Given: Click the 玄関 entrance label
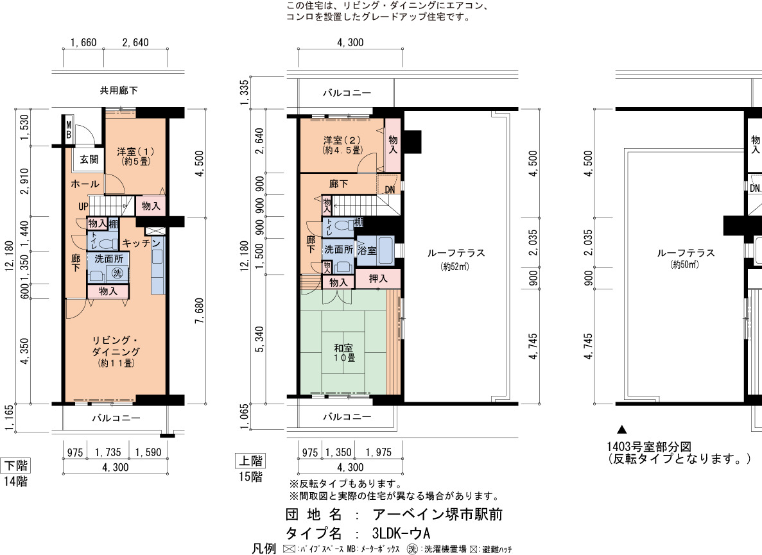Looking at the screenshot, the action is (89, 159).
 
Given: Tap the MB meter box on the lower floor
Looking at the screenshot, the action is (69, 129).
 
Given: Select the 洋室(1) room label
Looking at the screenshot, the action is (136, 156).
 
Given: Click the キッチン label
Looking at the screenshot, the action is (141, 243).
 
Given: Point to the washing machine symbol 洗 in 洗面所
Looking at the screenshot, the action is (117, 273).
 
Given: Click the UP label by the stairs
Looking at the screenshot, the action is (83, 207).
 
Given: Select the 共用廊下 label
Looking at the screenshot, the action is (119, 90).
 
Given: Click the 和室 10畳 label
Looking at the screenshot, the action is (343, 353).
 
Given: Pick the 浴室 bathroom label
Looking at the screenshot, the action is (367, 250).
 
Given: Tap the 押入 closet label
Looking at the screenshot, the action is (377, 278).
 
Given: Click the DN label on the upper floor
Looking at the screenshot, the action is (390, 190).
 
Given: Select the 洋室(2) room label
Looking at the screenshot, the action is (343, 145).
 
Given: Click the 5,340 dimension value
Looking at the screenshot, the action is (259, 339).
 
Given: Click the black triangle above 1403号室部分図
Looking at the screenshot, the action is (621, 430).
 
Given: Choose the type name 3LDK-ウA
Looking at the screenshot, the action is (401, 533).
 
